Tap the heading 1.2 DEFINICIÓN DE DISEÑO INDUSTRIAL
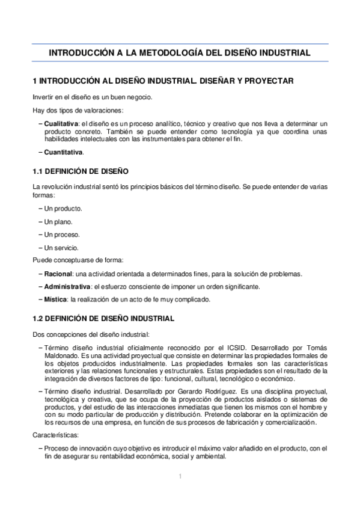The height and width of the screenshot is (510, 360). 103,318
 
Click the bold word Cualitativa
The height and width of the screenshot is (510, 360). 62,123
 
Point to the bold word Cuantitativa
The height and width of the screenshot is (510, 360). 63,153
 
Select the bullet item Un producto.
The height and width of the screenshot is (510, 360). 63,208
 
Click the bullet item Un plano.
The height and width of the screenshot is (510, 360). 59,221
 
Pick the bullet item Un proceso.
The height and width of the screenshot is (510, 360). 62,235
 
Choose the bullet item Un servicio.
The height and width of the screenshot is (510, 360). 62,247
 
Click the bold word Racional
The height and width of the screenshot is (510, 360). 58,274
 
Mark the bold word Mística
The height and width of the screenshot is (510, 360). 56,300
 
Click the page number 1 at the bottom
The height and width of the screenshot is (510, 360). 180,476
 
